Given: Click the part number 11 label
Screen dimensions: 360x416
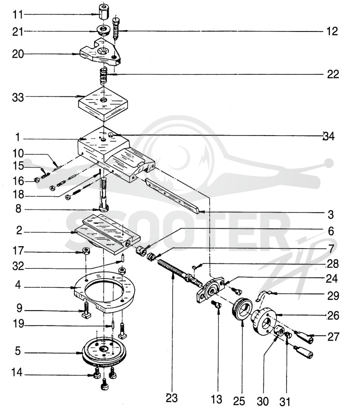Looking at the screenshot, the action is tap(18, 14).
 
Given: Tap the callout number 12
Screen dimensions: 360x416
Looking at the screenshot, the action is tap(332, 32).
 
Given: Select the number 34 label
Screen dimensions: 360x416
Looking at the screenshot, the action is tap(328, 136).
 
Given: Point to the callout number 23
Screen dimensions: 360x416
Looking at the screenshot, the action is tap(171, 398).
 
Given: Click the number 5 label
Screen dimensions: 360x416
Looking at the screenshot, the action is tap(18, 351).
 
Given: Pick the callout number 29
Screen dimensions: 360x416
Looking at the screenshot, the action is tap(333, 295).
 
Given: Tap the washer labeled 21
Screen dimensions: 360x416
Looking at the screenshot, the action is tap(103, 30).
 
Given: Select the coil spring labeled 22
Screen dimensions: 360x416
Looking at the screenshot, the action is tap(103, 76).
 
